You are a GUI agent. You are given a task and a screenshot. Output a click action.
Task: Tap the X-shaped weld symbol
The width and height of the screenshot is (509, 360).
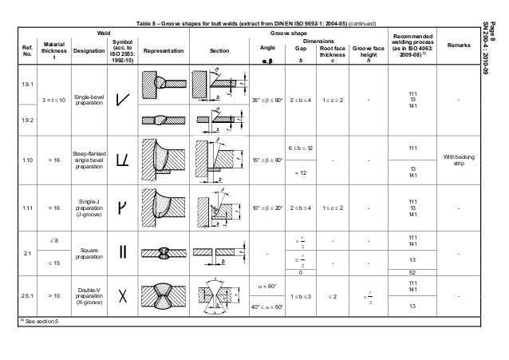(123, 296)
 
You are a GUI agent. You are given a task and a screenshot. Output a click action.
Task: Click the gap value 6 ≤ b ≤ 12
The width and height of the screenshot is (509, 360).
(300, 149)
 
